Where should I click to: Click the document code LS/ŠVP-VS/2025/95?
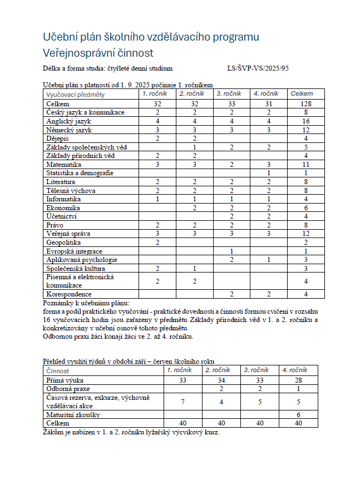click(258, 68)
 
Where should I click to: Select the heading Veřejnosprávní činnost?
click(98, 53)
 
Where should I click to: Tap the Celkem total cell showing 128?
click(305, 104)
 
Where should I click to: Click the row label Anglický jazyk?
click(69, 121)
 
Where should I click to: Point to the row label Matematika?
click(64, 165)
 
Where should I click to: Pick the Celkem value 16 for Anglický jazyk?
click(305, 121)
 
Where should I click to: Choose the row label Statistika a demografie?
click(80, 173)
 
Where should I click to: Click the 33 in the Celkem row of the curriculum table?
click(231, 104)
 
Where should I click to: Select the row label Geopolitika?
click(64, 242)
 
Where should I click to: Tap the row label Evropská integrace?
click(74, 251)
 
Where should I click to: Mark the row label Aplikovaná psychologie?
click(82, 260)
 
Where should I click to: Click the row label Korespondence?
click(69, 294)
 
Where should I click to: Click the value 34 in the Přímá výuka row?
click(221, 380)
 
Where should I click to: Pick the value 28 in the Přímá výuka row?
click(299, 380)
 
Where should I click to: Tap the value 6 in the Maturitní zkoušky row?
click(299, 414)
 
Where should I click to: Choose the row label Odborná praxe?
click(68, 389)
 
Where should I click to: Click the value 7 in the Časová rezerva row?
click(183, 401)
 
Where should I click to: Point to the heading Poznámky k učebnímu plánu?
click(86, 303)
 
